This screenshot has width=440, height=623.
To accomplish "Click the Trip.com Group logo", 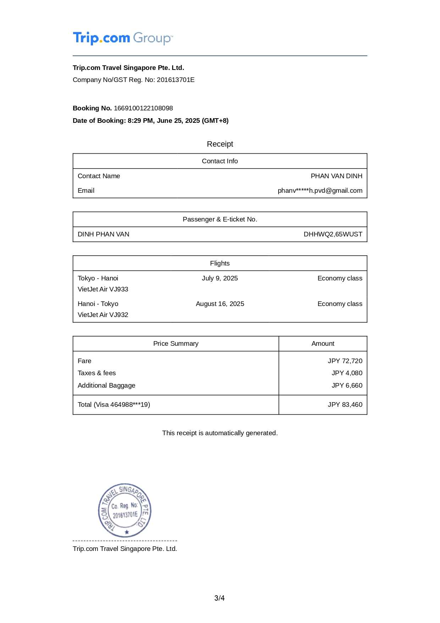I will pyautogui.click(x=123, y=38).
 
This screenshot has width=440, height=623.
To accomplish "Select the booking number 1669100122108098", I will pyautogui.click(x=143, y=108).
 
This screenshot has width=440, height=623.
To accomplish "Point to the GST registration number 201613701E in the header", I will pyautogui.click(x=176, y=80).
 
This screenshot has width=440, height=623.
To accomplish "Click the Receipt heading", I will pyautogui.click(x=220, y=144).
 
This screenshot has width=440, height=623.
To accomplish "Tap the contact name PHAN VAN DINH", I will pyautogui.click(x=336, y=176).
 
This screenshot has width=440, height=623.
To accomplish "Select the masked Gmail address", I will pyautogui.click(x=320, y=191).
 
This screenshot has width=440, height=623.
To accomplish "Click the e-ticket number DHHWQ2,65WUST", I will pyautogui.click(x=333, y=234).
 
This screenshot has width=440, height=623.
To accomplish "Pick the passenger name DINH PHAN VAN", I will pyautogui.click(x=104, y=234).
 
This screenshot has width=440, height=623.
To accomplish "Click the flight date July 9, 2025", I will pyautogui.click(x=220, y=278).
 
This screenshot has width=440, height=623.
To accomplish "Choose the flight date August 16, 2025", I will pyautogui.click(x=220, y=304).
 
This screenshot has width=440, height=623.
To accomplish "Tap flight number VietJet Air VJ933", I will pyautogui.click(x=103, y=289).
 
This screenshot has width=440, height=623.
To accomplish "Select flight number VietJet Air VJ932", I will pyautogui.click(x=103, y=315).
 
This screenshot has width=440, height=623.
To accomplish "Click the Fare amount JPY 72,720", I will pyautogui.click(x=345, y=361).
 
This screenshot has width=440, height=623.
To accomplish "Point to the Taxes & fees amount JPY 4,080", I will pyautogui.click(x=347, y=373).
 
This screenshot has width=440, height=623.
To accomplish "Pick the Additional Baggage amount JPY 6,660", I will pyautogui.click(x=347, y=386).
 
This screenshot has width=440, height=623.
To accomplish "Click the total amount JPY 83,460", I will pyautogui.click(x=345, y=405).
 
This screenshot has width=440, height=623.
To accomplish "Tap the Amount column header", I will pyautogui.click(x=323, y=344).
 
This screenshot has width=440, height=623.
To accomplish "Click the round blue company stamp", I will pyautogui.click(x=125, y=510).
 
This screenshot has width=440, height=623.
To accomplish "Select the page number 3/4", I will pyautogui.click(x=220, y=598).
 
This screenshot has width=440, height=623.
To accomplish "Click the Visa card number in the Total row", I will pyautogui.click(x=130, y=405).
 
